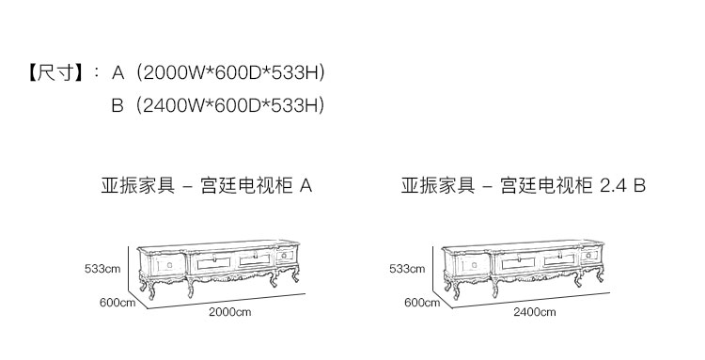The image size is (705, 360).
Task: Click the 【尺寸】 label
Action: point(56,72)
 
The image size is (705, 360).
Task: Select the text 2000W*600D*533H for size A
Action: point(230,72)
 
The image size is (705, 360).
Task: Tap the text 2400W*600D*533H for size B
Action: point(230,105)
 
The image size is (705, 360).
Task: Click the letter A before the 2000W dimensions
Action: point(117,72)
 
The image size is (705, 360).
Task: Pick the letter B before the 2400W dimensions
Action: point(117,105)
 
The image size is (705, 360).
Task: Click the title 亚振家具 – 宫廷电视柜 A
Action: point(207,185)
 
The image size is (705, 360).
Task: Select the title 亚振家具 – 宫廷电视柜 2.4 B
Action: point(524,185)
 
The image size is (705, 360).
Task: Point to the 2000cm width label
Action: point(229,312)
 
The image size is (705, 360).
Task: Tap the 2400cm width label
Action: point(535,312)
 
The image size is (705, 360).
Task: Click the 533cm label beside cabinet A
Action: point(102,269)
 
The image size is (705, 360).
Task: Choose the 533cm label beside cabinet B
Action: point(407,269)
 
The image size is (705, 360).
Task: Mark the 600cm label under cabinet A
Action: point(117,303)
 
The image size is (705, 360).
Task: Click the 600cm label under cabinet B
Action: point(422,303)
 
